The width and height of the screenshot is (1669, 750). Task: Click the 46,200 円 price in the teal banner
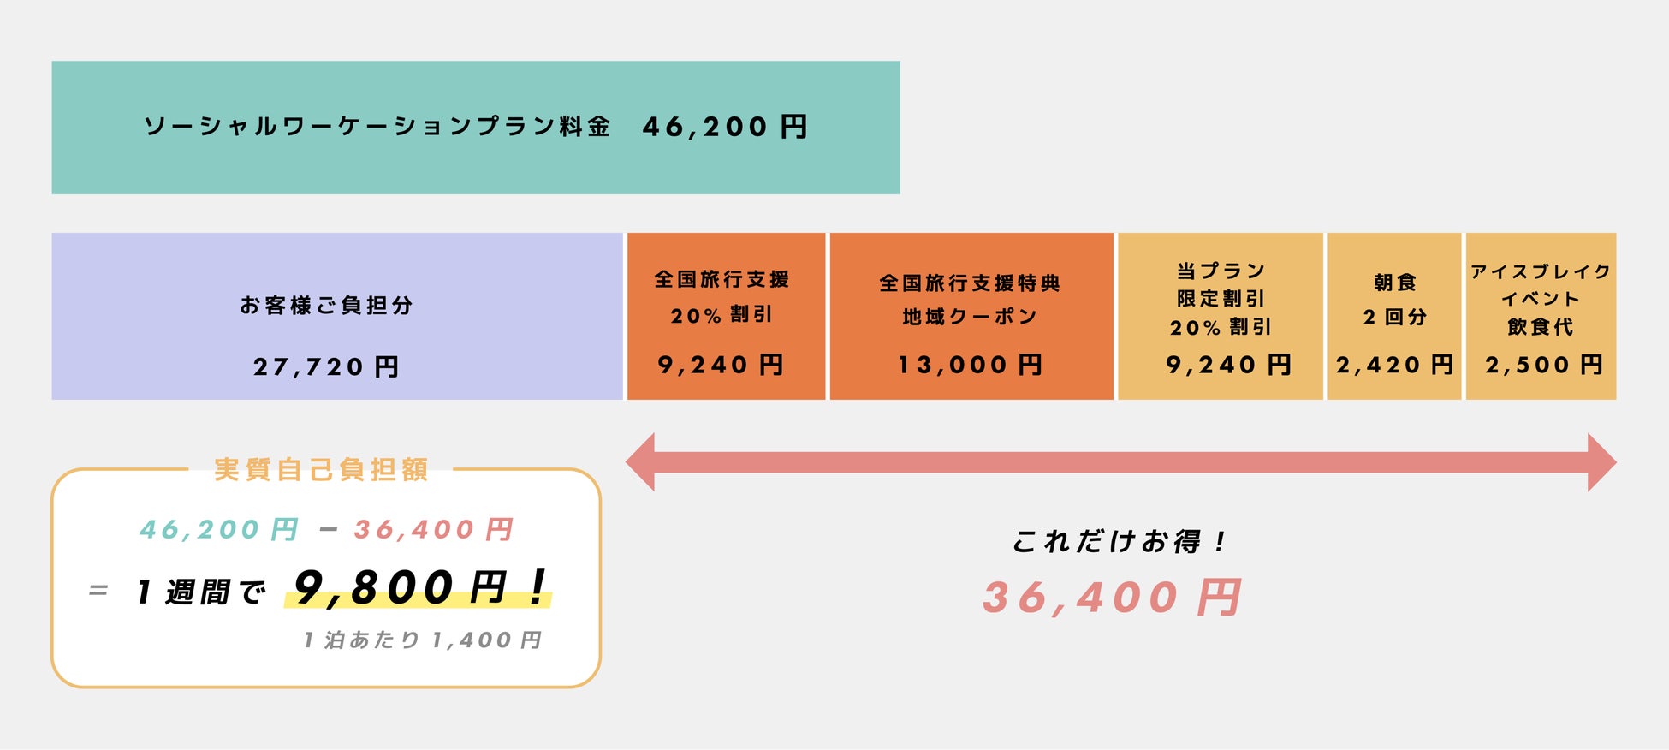point(725,127)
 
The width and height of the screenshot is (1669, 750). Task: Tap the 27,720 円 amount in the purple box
point(326,367)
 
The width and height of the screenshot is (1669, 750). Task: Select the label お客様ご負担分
point(326,306)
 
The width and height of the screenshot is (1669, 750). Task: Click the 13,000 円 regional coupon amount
point(970,366)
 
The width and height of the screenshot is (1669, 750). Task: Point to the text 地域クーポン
point(970,317)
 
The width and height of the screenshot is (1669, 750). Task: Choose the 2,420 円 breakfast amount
point(1394,366)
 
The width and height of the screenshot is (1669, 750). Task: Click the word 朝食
point(1395,283)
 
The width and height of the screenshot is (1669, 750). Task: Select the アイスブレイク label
point(1541,272)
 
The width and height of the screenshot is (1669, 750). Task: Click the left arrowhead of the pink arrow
point(642,462)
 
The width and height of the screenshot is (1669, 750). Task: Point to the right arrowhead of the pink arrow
point(1601,462)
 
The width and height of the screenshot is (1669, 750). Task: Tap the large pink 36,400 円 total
point(1112,598)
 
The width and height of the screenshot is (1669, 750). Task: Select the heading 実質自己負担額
point(321,470)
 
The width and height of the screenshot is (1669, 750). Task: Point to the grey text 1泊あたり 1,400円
point(423,640)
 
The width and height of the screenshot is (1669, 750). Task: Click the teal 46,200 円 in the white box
point(219,530)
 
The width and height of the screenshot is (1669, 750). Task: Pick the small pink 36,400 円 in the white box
point(433,530)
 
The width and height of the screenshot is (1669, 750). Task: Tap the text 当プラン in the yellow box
point(1221,271)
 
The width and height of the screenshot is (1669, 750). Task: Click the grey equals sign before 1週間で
point(98,591)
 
